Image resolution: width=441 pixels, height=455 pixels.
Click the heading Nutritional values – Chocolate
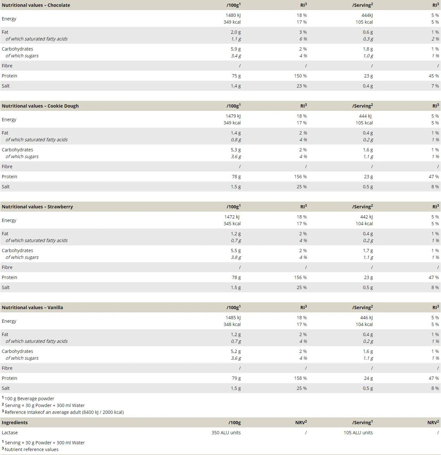tap(36, 5)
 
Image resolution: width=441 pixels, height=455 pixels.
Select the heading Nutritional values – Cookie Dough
tap(40, 106)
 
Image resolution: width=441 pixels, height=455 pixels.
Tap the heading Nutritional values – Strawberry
tap(37, 207)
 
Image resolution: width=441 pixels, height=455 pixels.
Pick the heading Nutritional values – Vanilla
tap(32, 308)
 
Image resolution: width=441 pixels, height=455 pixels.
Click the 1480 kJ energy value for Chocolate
tap(233, 15)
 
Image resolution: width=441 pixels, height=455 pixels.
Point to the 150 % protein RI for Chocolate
tap(300, 76)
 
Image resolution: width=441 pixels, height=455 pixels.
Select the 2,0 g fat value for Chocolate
tap(236, 32)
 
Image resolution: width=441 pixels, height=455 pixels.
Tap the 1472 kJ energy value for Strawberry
tap(232, 217)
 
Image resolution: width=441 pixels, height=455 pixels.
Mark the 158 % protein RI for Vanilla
tap(300, 378)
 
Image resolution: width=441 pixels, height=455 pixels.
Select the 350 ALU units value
tap(226, 433)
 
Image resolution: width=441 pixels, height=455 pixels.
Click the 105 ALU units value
tap(358, 433)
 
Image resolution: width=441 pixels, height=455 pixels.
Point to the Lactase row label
tap(10, 433)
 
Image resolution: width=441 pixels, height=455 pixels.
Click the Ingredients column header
tap(15, 423)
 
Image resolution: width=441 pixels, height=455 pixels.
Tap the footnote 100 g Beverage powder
tap(29, 399)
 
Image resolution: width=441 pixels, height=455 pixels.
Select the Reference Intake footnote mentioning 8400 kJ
tap(64, 412)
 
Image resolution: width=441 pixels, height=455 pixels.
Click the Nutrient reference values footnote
tap(31, 449)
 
